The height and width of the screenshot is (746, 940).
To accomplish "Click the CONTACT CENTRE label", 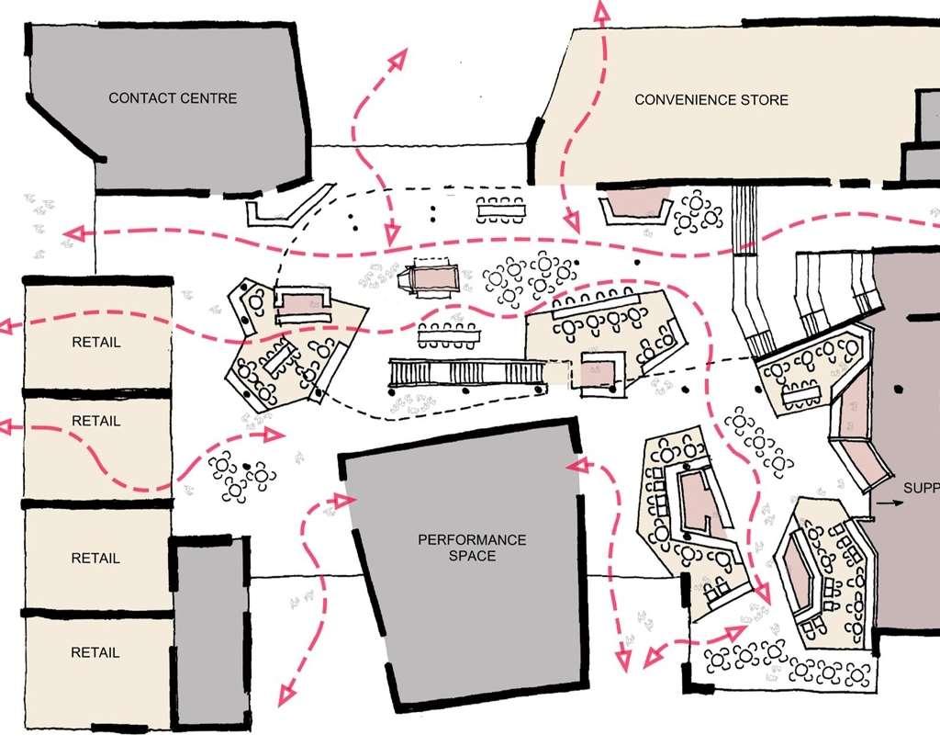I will point(173,98).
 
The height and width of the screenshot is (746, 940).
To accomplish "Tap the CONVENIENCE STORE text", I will point(711,99).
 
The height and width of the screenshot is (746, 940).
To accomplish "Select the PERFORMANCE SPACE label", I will point(472,548).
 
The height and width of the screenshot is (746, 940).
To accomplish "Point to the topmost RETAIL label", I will point(96,343).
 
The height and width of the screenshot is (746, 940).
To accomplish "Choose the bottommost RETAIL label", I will point(95,653).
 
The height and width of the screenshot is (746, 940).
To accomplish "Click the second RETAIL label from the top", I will point(96,421).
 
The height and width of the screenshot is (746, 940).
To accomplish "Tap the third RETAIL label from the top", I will point(95,558).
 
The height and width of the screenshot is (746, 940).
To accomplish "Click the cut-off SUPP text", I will point(921,486).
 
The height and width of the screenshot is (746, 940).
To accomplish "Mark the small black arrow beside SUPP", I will point(885,503).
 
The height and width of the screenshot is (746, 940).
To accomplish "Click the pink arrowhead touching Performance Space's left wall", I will point(346,500).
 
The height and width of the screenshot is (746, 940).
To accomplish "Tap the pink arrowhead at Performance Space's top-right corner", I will point(576,466).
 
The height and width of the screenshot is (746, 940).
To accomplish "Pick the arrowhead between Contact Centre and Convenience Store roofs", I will point(397,57).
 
